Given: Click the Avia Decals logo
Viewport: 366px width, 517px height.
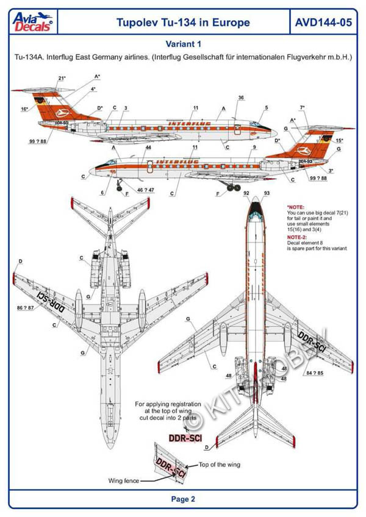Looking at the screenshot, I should click(x=34, y=23).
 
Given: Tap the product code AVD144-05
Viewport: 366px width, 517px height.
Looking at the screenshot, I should click(x=323, y=23).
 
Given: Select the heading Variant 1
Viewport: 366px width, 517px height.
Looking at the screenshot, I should click(x=183, y=44).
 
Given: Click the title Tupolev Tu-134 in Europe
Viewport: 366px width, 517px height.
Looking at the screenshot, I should click(x=183, y=23).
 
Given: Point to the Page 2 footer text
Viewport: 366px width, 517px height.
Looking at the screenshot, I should click(x=183, y=499).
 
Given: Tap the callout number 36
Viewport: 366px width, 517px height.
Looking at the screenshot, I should click(x=241, y=98).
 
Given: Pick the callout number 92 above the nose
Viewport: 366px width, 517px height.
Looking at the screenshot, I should click(x=246, y=193).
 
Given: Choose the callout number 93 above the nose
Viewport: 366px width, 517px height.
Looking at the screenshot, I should click(x=267, y=193).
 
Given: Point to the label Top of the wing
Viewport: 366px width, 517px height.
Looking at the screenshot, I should click(x=219, y=465).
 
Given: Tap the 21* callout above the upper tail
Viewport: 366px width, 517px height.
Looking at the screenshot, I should click(x=62, y=79).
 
